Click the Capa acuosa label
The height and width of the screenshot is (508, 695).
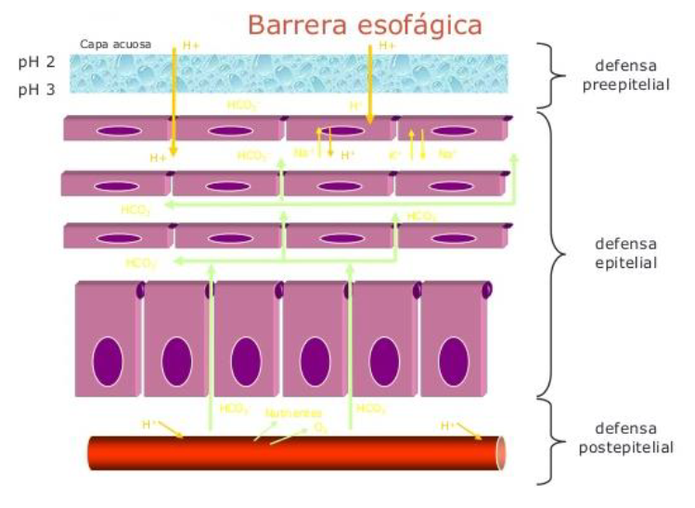point(116,44)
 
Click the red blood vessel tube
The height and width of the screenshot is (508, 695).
point(297,453)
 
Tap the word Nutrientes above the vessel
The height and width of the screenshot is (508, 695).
point(292,413)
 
